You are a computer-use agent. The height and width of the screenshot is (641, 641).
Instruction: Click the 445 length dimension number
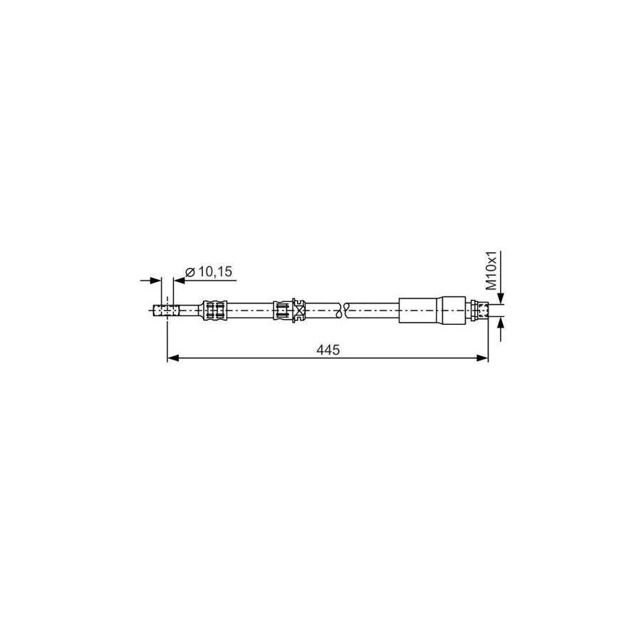pyautogui.click(x=327, y=350)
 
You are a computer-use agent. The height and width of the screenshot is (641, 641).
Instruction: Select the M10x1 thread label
pyautogui.click(x=491, y=270)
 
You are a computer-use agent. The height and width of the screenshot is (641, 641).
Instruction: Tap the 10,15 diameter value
pyautogui.click(x=215, y=271)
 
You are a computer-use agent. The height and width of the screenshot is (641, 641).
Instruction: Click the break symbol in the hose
pyautogui.click(x=343, y=310)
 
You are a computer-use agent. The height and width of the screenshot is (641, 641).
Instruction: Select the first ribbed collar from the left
pyautogui.click(x=215, y=310)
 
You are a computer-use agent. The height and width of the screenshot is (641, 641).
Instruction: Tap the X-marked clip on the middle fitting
pyautogui.click(x=298, y=310)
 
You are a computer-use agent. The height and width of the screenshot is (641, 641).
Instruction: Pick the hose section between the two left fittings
pyautogui.click(x=249, y=310)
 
